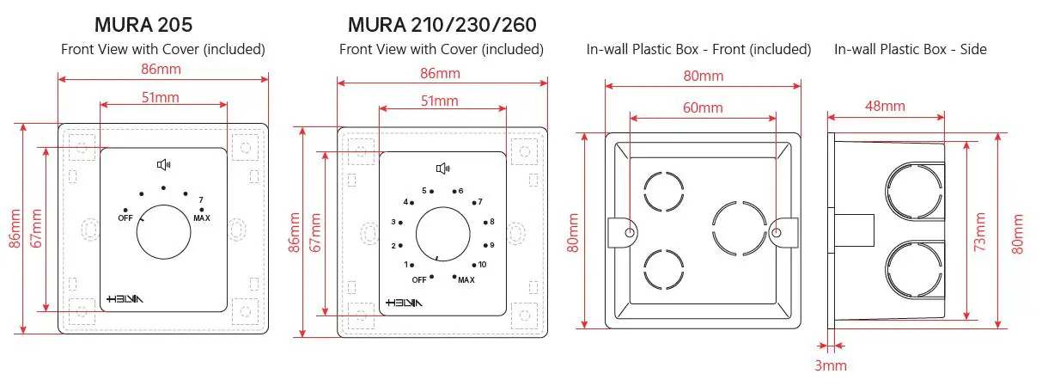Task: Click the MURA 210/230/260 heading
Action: click(x=442, y=24)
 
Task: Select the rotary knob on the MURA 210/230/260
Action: click(x=442, y=235)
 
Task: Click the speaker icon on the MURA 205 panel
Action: click(x=163, y=165)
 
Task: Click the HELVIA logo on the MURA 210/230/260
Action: click(x=404, y=303)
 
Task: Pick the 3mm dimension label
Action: click(x=830, y=365)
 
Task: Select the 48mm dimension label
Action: click(x=884, y=106)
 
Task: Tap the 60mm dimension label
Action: click(x=703, y=107)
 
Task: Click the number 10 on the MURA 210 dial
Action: click(x=482, y=265)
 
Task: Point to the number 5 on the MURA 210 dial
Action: click(x=424, y=191)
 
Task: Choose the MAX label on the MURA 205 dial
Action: click(x=202, y=218)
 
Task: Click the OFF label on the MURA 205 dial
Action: click(x=125, y=218)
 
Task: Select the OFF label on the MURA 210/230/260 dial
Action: click(x=419, y=280)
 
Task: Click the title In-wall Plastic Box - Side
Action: click(x=910, y=50)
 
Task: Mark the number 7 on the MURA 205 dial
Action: click(x=200, y=199)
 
